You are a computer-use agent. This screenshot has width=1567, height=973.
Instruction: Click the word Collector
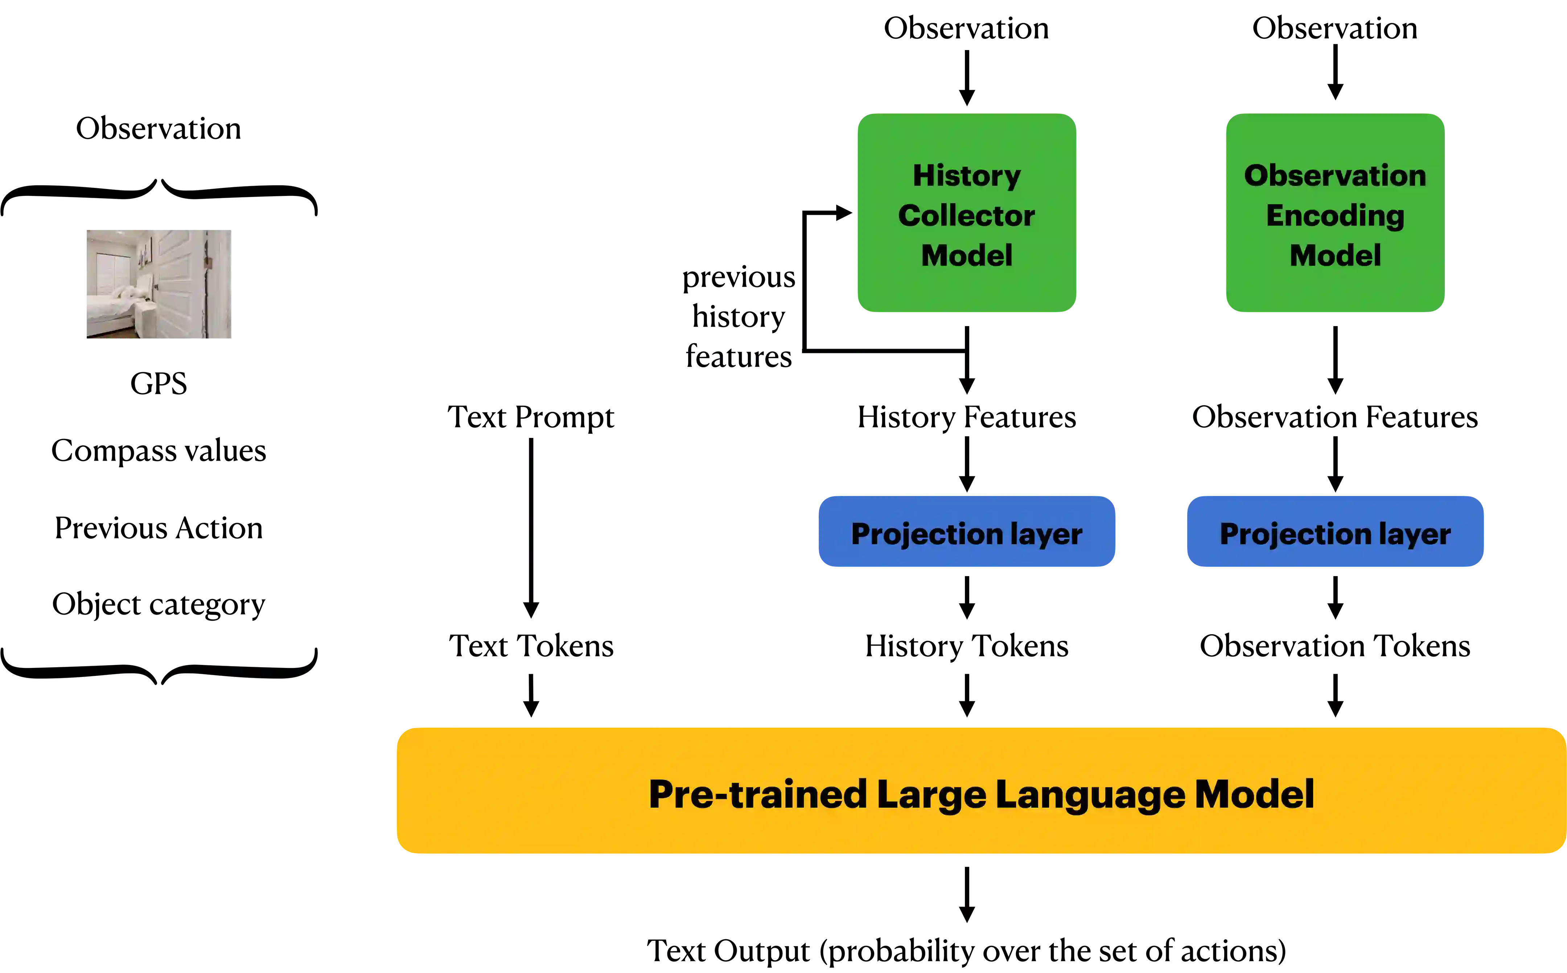966,215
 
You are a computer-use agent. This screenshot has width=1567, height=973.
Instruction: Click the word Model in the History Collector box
966,255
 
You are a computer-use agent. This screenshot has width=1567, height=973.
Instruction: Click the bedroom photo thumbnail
160,283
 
